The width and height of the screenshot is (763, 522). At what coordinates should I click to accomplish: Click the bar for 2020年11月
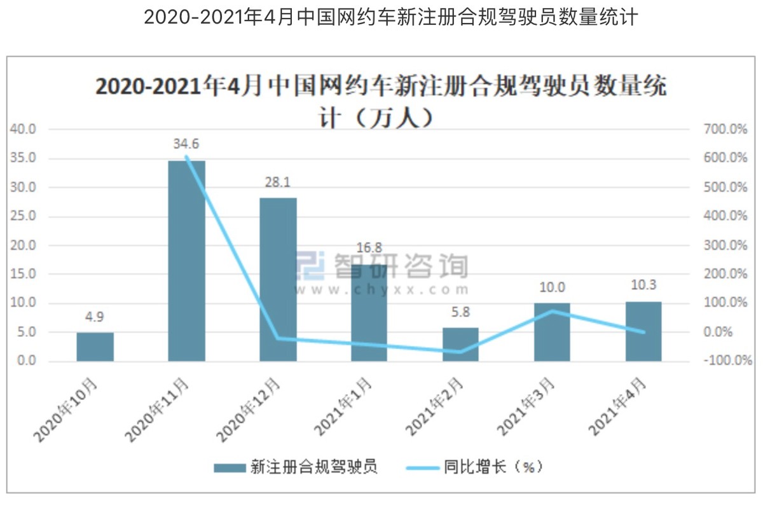pyautogui.click(x=186, y=261)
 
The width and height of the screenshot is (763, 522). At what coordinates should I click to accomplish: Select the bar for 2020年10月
pyautogui.click(x=95, y=347)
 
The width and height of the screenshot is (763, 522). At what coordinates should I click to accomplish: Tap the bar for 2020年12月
pyautogui.click(x=278, y=280)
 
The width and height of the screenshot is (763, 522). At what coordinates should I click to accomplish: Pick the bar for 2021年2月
pyautogui.click(x=460, y=345)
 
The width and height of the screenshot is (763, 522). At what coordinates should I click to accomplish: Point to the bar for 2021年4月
pyautogui.click(x=643, y=331)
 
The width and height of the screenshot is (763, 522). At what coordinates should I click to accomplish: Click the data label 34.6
pyautogui.click(x=186, y=144)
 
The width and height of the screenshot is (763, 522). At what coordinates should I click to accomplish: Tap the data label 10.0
pyautogui.click(x=552, y=287)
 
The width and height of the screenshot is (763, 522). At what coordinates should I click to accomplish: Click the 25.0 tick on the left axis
pyautogui.click(x=24, y=216)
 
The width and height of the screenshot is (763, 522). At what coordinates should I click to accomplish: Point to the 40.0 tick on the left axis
pyautogui.click(x=24, y=130)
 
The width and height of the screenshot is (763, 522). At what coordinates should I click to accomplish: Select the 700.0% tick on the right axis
pyautogui.click(x=725, y=130)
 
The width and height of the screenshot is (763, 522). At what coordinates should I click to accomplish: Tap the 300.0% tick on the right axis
pyautogui.click(x=725, y=245)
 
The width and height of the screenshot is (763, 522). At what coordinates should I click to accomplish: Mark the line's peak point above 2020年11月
pyautogui.click(x=186, y=156)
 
